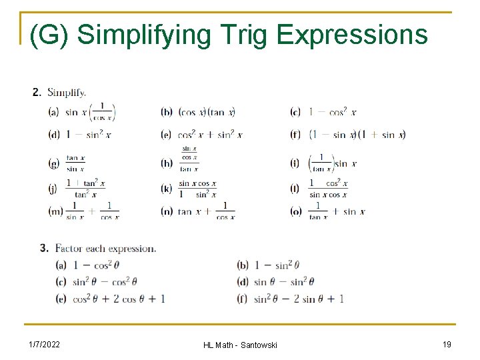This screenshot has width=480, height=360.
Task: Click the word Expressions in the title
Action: (x=351, y=35)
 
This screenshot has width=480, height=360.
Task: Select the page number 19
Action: (x=447, y=344)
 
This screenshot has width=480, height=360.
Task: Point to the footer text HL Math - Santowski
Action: (x=240, y=345)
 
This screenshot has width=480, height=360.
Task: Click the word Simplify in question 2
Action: (x=67, y=93)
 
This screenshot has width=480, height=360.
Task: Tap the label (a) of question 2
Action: (x=54, y=113)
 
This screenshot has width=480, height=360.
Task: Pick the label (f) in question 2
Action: (x=295, y=135)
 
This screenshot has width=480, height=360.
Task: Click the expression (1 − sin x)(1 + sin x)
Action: (x=357, y=135)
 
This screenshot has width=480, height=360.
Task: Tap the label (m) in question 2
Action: (x=55, y=211)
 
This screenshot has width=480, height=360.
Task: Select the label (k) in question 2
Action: (x=167, y=189)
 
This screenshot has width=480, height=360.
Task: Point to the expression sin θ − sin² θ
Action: (x=284, y=281)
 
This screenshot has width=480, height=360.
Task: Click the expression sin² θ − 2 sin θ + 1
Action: (x=299, y=299)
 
